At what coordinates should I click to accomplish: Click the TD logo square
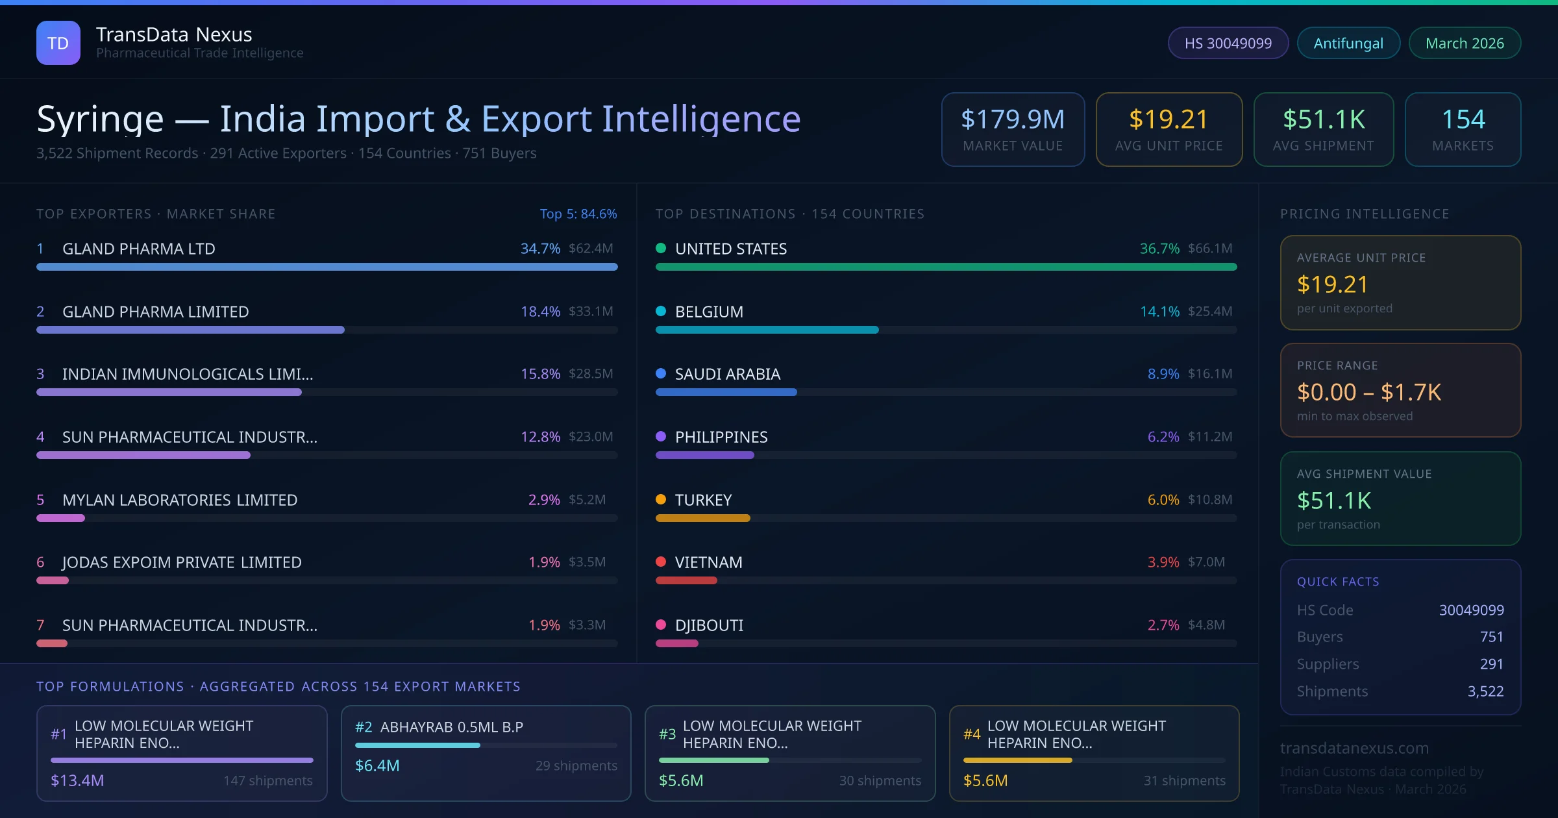click(58, 43)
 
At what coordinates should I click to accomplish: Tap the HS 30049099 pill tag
click(1228, 43)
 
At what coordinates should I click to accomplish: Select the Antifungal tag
click(1348, 43)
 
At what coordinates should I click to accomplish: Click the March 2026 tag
click(1465, 43)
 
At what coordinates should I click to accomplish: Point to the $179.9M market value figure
click(1013, 119)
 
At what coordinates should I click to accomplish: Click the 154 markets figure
click(1463, 119)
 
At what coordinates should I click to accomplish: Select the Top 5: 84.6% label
click(578, 214)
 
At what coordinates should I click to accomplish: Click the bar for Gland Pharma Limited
click(190, 330)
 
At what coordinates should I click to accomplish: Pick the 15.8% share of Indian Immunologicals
click(540, 374)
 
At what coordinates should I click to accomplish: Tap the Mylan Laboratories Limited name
click(180, 500)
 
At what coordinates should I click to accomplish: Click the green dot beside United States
click(661, 248)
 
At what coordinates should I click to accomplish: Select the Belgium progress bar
click(767, 330)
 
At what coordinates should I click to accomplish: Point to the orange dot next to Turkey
click(661, 499)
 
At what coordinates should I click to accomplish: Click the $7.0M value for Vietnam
click(1206, 562)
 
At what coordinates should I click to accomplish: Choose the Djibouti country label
click(709, 625)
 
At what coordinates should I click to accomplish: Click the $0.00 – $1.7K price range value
click(1368, 392)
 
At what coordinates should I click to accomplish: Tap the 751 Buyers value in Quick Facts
click(1491, 637)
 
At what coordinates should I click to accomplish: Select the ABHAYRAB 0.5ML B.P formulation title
click(451, 727)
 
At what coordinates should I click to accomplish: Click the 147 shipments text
click(268, 780)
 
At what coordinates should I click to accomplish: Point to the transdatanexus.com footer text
click(1354, 748)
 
